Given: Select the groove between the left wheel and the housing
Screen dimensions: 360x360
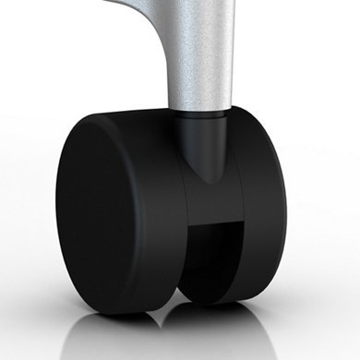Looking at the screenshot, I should (x=181, y=222).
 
